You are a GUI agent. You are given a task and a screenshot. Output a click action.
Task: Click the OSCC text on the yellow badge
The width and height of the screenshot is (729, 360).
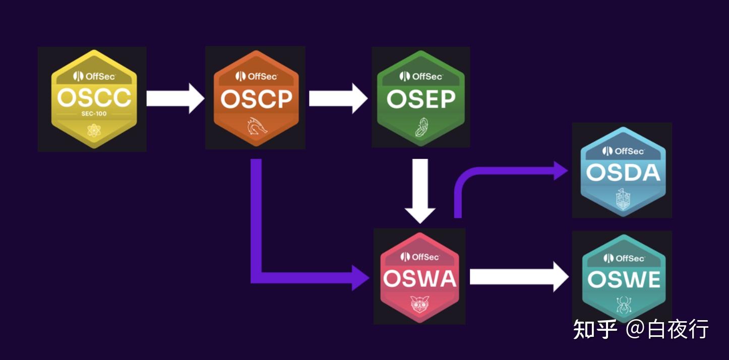[x=94, y=97]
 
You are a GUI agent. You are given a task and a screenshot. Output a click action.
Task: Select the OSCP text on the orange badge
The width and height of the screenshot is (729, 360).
[x=256, y=99]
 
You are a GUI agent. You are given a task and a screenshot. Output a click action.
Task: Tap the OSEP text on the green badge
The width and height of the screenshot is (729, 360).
[x=420, y=99]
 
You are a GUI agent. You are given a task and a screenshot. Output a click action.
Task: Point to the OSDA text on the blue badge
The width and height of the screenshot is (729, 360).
[x=623, y=173]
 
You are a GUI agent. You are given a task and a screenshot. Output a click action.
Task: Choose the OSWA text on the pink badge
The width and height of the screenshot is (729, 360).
[x=419, y=279]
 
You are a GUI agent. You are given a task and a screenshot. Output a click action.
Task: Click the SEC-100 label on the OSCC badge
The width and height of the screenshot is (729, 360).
[x=94, y=114]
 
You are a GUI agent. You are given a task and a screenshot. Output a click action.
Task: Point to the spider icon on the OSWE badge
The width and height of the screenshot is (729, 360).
[x=624, y=304]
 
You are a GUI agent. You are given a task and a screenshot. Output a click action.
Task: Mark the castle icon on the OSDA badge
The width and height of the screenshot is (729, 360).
[x=623, y=198]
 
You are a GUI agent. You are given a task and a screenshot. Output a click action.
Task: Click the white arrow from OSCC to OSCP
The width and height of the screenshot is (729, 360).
[x=174, y=99]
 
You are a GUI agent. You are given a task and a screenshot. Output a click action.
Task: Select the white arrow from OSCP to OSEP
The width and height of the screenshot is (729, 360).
[x=338, y=99]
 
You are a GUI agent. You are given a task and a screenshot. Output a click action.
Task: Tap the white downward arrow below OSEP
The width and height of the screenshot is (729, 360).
[x=420, y=191]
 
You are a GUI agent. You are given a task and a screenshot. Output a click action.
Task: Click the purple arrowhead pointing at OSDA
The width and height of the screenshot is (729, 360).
[x=561, y=170]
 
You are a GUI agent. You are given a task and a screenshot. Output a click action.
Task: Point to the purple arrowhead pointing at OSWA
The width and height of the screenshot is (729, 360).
[x=360, y=277]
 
